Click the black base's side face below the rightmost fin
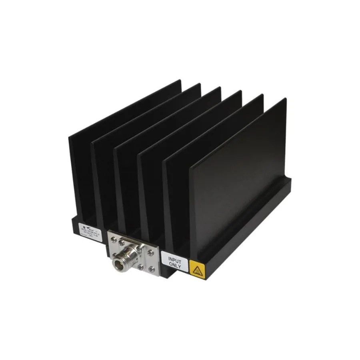(248, 240)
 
